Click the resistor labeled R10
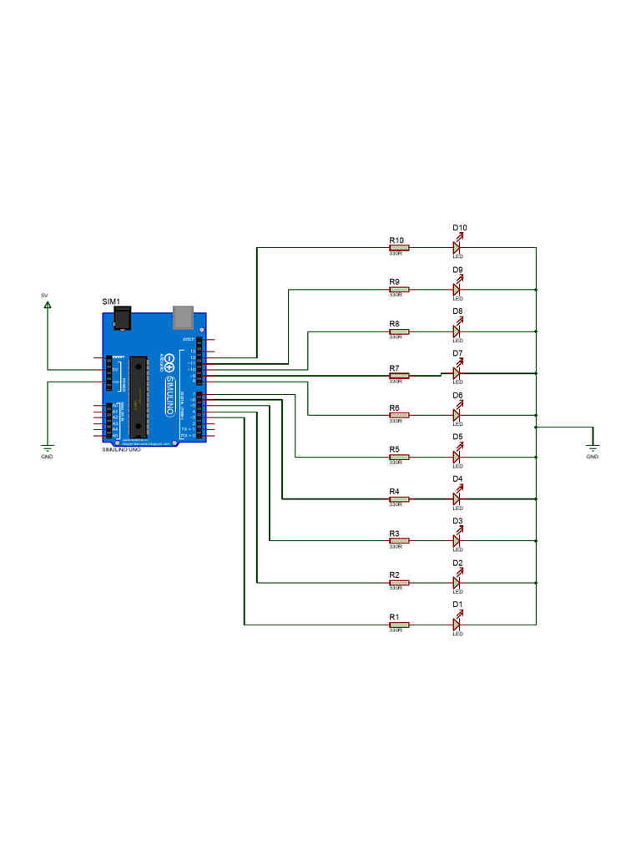click(x=398, y=247)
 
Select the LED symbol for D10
click(x=457, y=247)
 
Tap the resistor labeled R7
click(x=398, y=376)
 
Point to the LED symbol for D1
click(x=457, y=624)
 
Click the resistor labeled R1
click(x=398, y=624)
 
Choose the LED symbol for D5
click(x=457, y=457)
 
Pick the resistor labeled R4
click(x=398, y=498)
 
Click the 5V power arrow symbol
click(x=48, y=305)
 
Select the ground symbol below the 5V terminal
click(x=48, y=448)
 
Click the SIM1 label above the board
click(x=111, y=301)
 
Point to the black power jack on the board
click(x=122, y=318)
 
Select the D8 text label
click(x=458, y=311)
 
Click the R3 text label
click(x=394, y=533)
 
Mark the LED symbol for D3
click(x=457, y=540)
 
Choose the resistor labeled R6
click(x=398, y=414)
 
